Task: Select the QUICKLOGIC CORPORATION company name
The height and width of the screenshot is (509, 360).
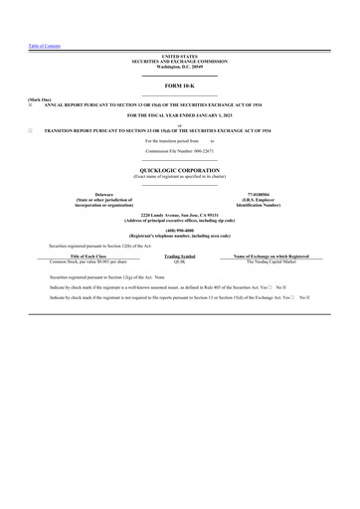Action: [x=179, y=171]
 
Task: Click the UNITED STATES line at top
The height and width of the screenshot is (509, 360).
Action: [x=179, y=57]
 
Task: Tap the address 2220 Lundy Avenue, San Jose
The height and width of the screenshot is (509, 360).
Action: [x=179, y=215]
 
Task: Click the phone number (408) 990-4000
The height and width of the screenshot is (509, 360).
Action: [x=179, y=230]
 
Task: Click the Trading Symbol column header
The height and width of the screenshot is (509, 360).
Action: [x=179, y=255]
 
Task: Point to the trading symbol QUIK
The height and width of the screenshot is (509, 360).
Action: [x=179, y=260]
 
